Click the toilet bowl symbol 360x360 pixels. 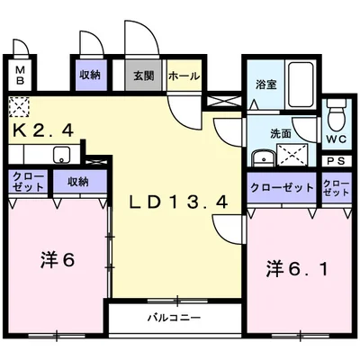(335, 115)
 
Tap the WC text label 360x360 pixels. (336, 139)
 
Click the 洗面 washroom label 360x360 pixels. (280, 133)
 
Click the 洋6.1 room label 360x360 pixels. (291, 267)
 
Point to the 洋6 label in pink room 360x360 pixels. (57, 260)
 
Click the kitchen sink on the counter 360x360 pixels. (61, 154)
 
